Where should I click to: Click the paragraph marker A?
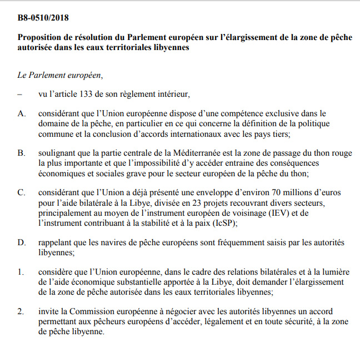pos(22,113)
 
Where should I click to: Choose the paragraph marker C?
pos(22,192)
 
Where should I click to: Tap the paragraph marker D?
pos(22,243)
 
